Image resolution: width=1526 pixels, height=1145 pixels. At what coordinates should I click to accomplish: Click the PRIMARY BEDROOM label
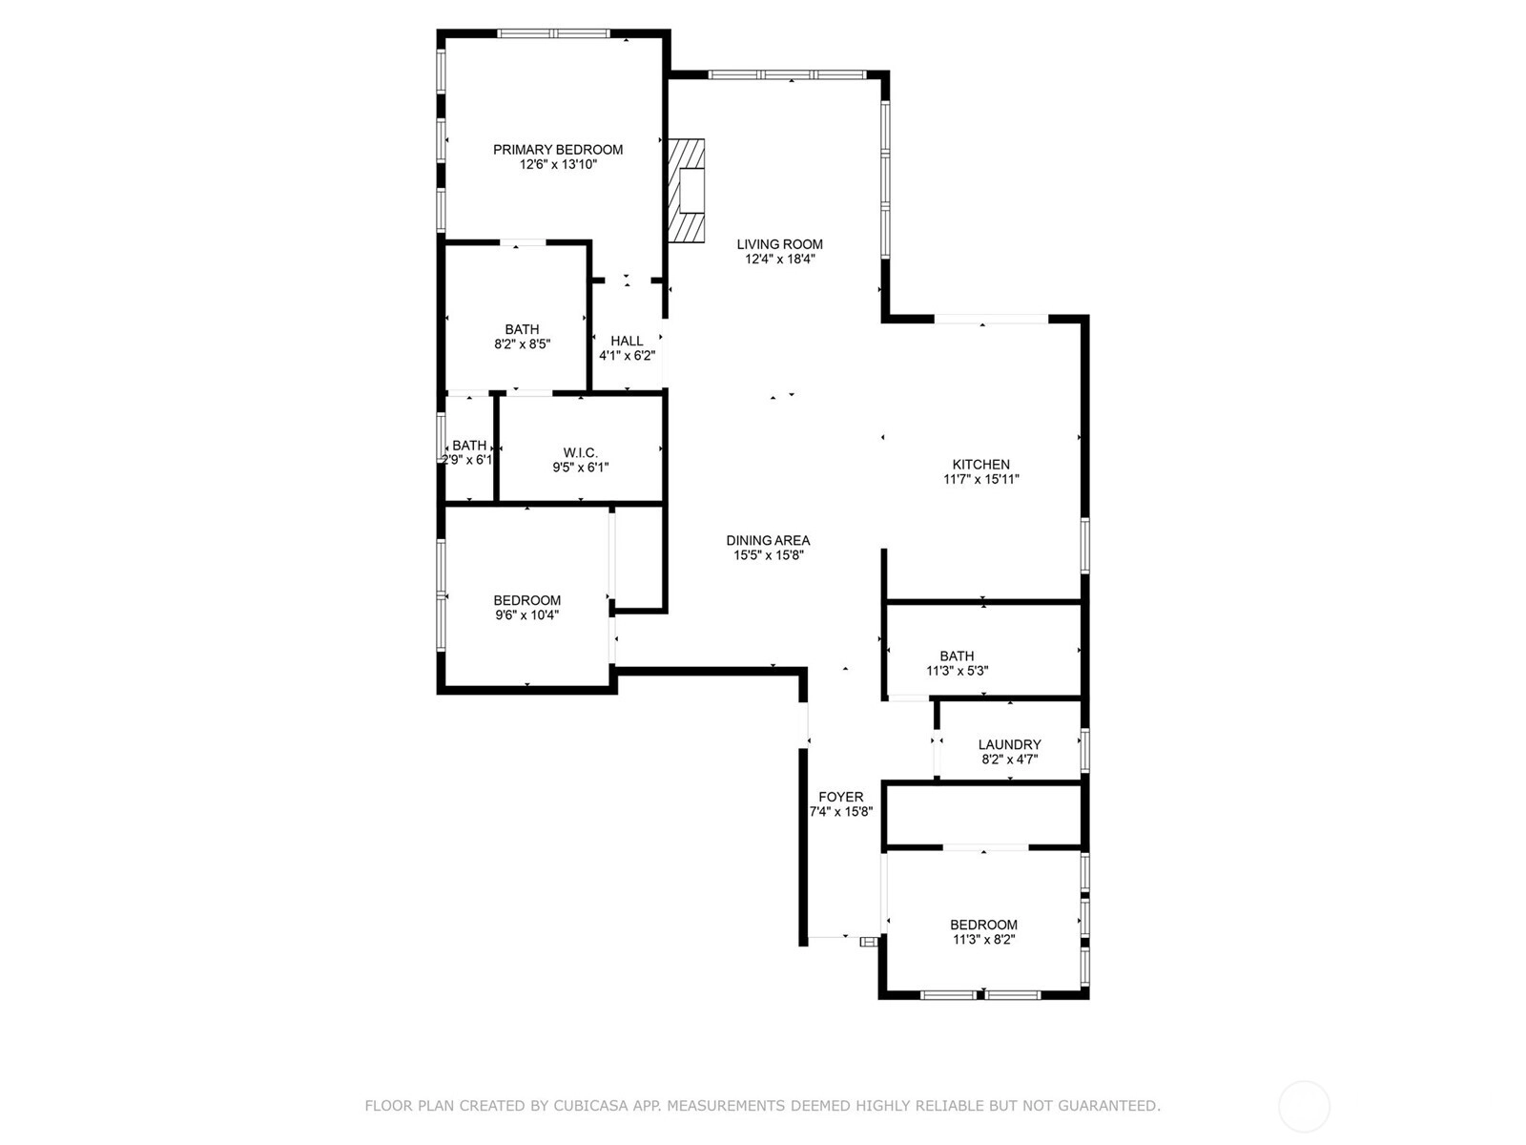point(558,150)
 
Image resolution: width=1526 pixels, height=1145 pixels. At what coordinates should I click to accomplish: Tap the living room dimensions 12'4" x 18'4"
point(779,260)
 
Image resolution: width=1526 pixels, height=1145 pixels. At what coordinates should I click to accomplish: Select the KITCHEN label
point(981,465)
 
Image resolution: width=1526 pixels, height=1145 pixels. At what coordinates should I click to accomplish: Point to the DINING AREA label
point(768,540)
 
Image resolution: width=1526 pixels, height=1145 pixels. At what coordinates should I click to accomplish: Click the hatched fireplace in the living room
point(686,191)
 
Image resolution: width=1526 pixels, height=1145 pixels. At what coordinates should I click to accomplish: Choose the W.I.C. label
point(581,452)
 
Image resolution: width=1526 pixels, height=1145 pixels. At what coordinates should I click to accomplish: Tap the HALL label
point(627,341)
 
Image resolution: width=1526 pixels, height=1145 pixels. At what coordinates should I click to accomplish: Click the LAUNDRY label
point(1009,744)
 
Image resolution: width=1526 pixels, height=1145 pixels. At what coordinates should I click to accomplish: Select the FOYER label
point(841,797)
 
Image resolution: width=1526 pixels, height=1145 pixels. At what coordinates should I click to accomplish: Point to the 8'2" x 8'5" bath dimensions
point(522,344)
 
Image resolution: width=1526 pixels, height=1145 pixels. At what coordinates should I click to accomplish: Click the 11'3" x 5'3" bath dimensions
point(958,671)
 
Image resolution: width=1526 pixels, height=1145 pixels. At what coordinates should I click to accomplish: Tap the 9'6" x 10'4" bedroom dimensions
point(527,615)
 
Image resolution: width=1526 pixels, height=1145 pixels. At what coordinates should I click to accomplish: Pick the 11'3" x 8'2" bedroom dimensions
point(983,940)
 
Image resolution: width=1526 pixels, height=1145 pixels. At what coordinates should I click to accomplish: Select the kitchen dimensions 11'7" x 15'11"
point(981,479)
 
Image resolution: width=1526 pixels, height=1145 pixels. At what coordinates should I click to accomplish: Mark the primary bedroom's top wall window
point(554,33)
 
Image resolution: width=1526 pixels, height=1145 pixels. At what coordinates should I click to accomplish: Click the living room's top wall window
point(787,74)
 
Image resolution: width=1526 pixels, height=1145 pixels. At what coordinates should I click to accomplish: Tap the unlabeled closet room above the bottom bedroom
point(983,815)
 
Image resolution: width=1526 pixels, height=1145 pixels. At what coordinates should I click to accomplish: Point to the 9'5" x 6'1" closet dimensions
point(581,468)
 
